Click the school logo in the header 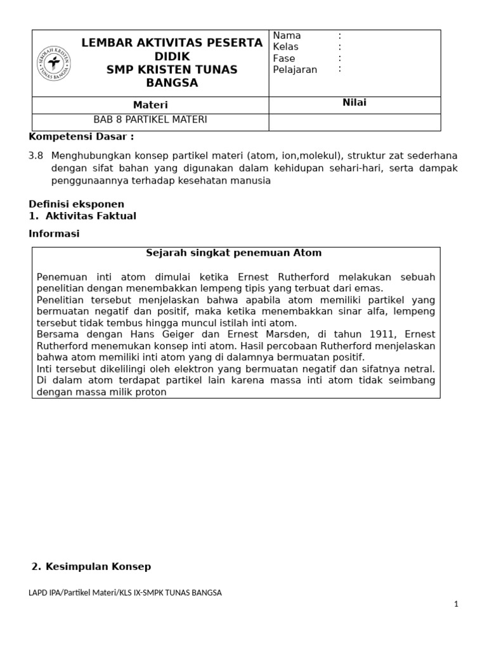(54, 63)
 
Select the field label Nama (287, 36)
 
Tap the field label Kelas (285, 47)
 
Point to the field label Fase (283, 58)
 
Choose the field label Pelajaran (295, 70)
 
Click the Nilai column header (354, 103)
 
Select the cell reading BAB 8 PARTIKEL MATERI (150, 119)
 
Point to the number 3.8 (36, 156)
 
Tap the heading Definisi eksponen (77, 204)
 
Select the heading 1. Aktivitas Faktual (82, 216)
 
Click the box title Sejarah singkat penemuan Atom (234, 253)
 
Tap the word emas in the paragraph (371, 288)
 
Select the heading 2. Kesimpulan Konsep (91, 566)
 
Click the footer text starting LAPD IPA (125, 593)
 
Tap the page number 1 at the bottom (455, 604)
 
